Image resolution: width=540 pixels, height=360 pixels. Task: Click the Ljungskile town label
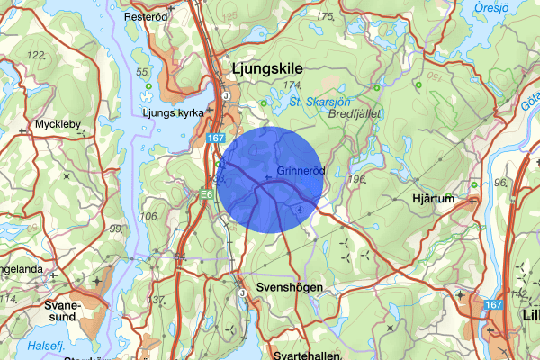(x=266, y=68)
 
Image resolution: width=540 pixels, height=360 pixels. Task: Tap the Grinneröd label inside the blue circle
(x=300, y=170)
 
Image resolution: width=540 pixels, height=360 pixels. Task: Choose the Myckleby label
(x=58, y=124)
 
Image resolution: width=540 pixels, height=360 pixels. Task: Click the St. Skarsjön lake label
(x=319, y=102)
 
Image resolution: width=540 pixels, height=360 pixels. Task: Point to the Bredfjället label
(x=355, y=114)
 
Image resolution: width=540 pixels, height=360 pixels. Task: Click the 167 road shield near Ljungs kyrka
(x=214, y=139)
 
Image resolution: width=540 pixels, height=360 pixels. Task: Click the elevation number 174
(x=292, y=85)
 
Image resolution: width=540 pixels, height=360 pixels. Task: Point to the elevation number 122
(x=36, y=56)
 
